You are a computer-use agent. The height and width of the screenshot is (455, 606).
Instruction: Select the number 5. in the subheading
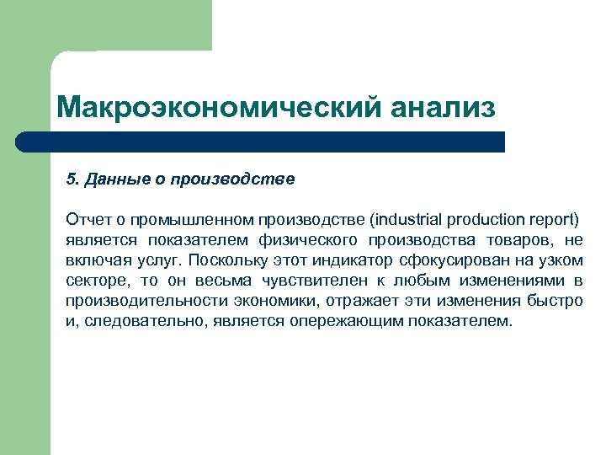[72, 179]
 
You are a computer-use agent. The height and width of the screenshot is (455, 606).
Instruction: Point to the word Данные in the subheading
[109, 179]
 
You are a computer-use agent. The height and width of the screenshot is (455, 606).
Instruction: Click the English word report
[556, 220]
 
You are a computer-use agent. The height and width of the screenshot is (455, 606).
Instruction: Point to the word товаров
[521, 240]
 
